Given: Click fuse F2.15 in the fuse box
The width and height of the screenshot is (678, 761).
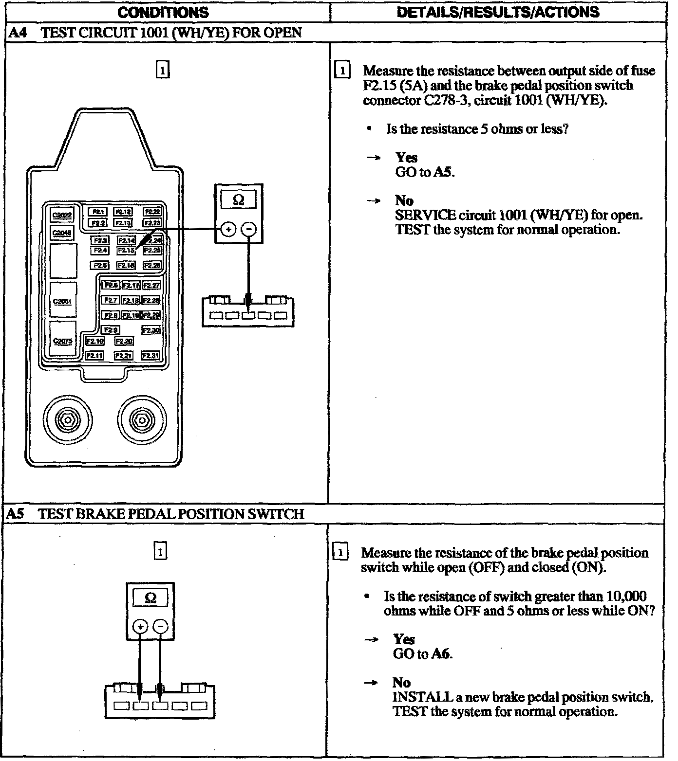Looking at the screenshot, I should tap(126, 250).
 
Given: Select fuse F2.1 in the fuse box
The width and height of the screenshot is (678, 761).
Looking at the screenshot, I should tap(97, 212).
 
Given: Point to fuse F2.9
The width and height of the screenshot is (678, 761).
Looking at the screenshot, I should tap(111, 330).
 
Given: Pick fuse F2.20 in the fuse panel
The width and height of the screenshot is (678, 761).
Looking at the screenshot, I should tap(124, 342).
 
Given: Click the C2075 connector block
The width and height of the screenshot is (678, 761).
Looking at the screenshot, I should tap(63, 341).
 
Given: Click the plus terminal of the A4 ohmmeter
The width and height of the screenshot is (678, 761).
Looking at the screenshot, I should tap(227, 229).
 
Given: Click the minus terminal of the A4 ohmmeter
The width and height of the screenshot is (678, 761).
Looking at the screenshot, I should tap(249, 229).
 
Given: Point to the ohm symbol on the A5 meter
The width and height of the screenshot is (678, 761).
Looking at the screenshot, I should tap(151, 598).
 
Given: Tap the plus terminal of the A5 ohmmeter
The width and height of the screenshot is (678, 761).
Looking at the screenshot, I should tap(140, 627).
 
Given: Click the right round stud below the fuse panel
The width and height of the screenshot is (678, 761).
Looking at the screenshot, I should tap(141, 418).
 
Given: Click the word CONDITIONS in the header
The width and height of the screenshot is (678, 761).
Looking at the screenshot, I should tap(163, 12).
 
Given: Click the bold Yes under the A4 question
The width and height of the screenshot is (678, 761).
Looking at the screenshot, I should tap(406, 158).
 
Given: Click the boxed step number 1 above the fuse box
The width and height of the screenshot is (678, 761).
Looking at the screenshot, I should tap(162, 70).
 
